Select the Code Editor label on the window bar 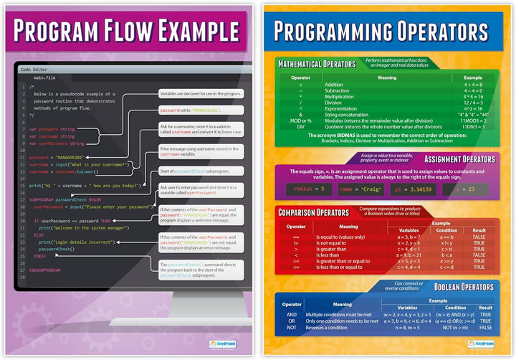35,69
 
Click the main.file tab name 44,77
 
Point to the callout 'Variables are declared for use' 201,94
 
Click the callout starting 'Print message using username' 201,151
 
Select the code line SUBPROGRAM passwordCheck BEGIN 65,200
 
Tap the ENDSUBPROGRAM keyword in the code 44,270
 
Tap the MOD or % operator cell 300,120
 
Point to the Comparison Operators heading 315,212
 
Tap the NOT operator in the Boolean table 292,327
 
